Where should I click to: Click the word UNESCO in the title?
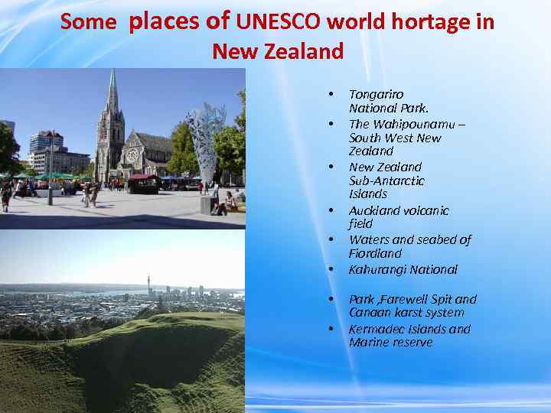coord(279,22)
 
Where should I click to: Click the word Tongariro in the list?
coord(376,94)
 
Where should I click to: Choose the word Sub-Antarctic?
coord(386,180)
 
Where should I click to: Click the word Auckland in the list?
coord(376,210)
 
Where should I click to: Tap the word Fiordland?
coord(375,253)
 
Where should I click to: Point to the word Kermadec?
coord(376,329)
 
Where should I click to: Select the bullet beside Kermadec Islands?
coord(331,330)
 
